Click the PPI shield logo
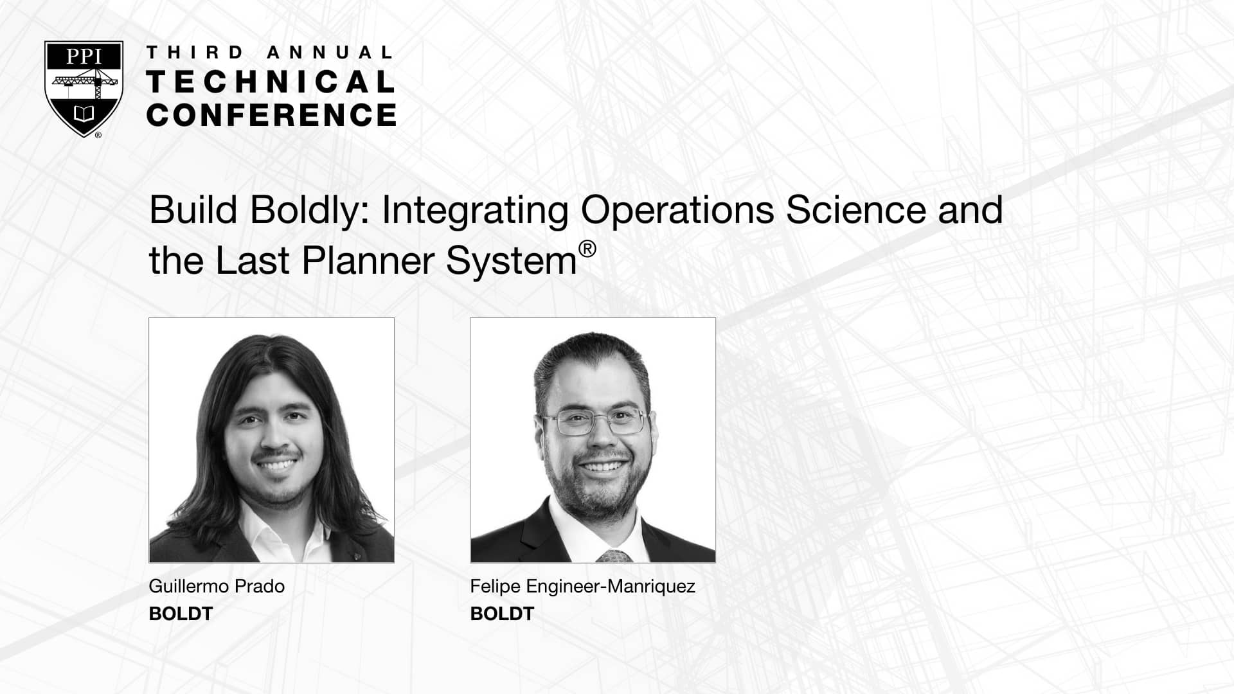(x=84, y=89)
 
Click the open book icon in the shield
(x=84, y=114)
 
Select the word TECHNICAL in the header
(x=271, y=82)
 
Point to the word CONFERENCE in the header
(x=271, y=115)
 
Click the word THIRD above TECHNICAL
(x=195, y=53)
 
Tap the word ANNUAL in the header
(x=328, y=53)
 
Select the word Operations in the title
(x=677, y=211)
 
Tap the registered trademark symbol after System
(x=587, y=249)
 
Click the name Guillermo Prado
(x=217, y=586)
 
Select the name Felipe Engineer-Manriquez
(x=582, y=587)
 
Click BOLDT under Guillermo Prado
(x=181, y=614)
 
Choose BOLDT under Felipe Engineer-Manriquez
(x=502, y=614)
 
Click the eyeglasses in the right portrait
(x=595, y=421)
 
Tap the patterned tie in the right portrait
(x=614, y=556)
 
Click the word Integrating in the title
(x=475, y=211)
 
